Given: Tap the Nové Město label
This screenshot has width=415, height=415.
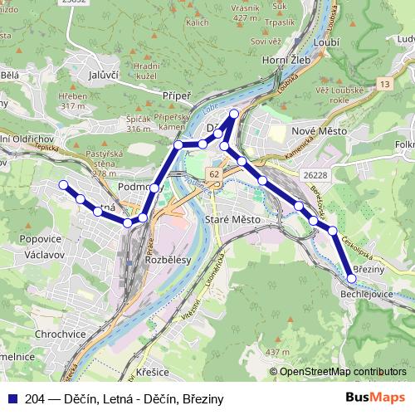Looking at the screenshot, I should [317, 132].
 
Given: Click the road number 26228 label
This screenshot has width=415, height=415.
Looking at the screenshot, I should [317, 175].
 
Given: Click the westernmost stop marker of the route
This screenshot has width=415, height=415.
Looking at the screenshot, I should [62, 185].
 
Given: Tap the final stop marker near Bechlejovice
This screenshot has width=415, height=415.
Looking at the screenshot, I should [352, 279].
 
